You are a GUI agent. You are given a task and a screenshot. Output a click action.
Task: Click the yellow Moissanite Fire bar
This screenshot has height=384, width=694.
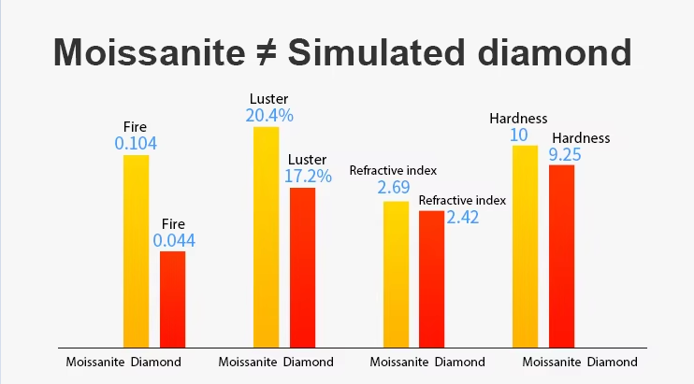pos(137,250)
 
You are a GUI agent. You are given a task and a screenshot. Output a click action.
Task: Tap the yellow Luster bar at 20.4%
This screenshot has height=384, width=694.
pos(267,236)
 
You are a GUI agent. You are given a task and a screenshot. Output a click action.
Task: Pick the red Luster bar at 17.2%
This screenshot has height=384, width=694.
pos(302,267)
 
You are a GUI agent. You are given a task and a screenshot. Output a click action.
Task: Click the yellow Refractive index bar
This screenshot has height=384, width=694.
pos(397,274)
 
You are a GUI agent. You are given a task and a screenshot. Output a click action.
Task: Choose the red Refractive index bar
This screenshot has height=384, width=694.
pos(431,278)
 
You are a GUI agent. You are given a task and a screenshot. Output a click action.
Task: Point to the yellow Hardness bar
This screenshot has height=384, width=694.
pos(526,246)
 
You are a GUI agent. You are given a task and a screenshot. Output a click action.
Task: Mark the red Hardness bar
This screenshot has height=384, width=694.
pos(561,255)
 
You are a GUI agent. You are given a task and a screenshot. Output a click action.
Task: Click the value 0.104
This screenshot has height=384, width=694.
pos(136,144)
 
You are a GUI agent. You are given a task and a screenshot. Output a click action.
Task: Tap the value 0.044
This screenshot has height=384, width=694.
pos(174,241)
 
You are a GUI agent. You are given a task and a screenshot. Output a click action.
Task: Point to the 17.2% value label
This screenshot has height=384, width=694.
pos(308,176)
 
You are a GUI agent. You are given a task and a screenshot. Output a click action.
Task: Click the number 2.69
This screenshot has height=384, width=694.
pos(394,189)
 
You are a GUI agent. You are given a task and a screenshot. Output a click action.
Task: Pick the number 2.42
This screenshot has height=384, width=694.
pos(462,218)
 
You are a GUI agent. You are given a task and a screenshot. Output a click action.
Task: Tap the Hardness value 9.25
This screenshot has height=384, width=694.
pos(567,154)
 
